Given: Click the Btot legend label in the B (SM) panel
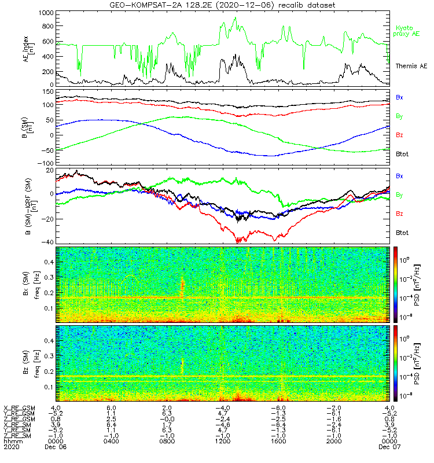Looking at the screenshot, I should [x=402, y=155].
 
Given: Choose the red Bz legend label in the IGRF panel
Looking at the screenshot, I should [x=399, y=214].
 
